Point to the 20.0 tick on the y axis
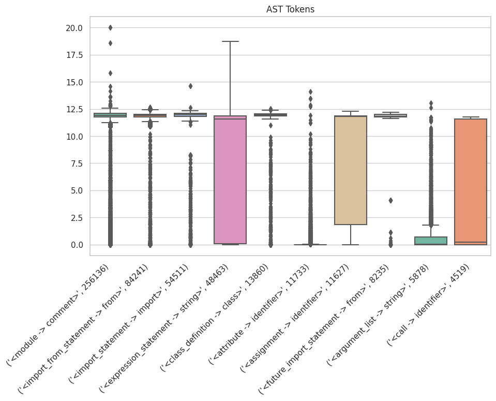click(72, 28)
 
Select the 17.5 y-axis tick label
click(72, 55)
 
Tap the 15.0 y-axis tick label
click(72, 82)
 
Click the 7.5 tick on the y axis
click(75, 164)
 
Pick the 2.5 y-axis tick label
click(75, 218)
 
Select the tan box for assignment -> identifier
click(351, 170)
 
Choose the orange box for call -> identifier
click(471, 181)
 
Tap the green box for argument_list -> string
click(430, 241)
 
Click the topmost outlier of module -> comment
click(110, 27)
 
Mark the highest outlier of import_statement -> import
click(190, 86)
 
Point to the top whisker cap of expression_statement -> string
click(230, 41)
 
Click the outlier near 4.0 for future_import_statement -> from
click(390, 200)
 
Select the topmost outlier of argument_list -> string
click(430, 103)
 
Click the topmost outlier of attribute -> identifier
click(310, 92)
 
